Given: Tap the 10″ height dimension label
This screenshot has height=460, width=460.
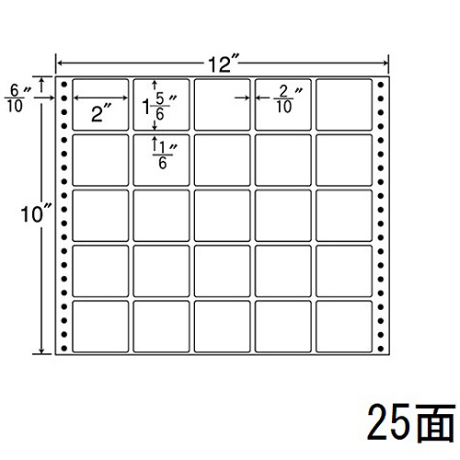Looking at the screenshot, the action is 36,213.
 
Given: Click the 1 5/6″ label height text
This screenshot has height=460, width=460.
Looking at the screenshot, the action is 159,106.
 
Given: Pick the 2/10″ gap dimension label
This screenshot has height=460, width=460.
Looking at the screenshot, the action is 288,99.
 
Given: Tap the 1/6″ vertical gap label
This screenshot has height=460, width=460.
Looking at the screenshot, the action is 165,155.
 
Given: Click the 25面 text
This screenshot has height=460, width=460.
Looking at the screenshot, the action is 411,422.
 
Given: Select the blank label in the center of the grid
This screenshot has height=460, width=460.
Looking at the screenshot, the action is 222,215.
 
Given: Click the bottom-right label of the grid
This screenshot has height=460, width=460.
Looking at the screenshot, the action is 344,327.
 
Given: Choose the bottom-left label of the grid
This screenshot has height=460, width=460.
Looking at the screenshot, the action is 100,327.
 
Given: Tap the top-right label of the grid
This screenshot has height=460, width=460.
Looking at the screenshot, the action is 344,105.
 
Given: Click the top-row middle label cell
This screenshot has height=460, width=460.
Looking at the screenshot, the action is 222,105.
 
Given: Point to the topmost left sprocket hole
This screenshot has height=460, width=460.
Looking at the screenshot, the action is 63,85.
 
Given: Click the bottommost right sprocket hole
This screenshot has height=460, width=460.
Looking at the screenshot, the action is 381,349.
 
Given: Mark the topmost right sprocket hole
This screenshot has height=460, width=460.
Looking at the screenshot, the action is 381,85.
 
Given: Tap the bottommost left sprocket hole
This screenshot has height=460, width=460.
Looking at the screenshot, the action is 63,349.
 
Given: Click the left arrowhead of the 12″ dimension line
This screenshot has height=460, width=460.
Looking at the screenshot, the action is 60,63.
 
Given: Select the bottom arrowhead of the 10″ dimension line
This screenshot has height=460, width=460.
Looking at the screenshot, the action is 42,351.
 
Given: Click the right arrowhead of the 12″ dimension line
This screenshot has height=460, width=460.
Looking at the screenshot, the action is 385,63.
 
